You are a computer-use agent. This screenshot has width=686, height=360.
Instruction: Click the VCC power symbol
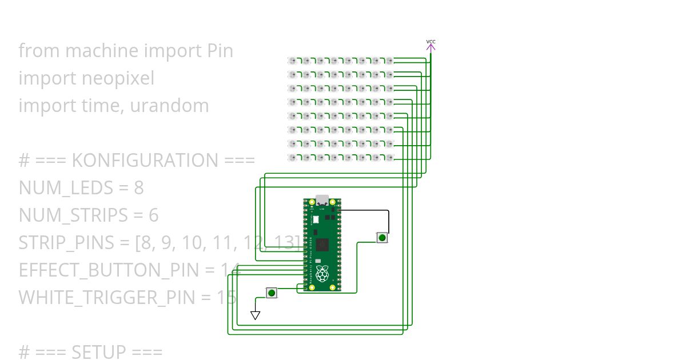click(431, 46)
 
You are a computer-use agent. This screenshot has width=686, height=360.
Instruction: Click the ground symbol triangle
click(256, 315)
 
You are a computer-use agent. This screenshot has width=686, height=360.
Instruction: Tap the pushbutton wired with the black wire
click(382, 237)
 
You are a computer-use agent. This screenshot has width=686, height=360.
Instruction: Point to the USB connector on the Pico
click(322, 201)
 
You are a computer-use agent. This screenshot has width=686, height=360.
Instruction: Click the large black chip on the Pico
click(322, 244)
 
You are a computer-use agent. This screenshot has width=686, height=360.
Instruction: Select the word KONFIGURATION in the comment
click(146, 161)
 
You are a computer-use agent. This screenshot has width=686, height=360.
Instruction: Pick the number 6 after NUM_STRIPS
click(153, 215)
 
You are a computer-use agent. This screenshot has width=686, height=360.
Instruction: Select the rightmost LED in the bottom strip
click(389, 157)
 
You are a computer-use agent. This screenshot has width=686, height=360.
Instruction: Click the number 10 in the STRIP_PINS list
click(195, 243)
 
